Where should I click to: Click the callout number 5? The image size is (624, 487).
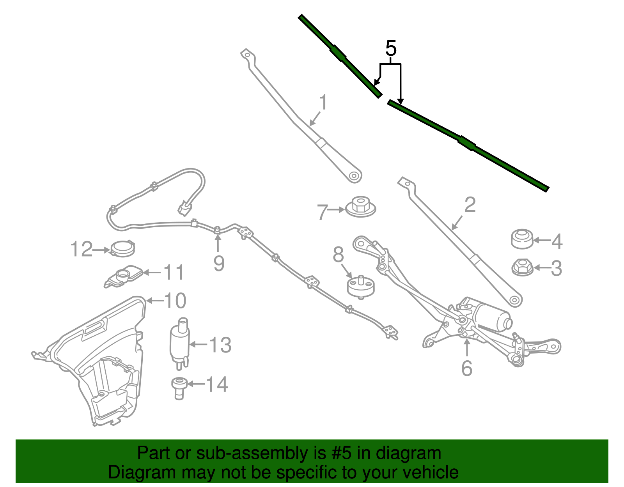click(x=391, y=49)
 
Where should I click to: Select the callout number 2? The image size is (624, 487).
click(x=470, y=205)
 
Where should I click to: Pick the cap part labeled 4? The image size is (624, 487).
click(x=522, y=239)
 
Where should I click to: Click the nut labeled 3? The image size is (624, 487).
click(x=522, y=267)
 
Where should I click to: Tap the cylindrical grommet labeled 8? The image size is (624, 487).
click(x=361, y=287)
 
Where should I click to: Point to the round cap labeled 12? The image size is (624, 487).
click(x=123, y=248)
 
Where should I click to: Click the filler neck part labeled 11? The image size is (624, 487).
click(x=124, y=275)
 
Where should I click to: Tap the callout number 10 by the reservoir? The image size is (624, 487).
click(x=175, y=301)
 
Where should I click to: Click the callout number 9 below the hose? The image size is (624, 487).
click(x=219, y=264)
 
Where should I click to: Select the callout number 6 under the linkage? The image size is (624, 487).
click(x=466, y=368)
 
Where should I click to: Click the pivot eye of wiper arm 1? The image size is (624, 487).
click(x=354, y=176)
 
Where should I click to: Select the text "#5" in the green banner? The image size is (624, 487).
click(x=341, y=453)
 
